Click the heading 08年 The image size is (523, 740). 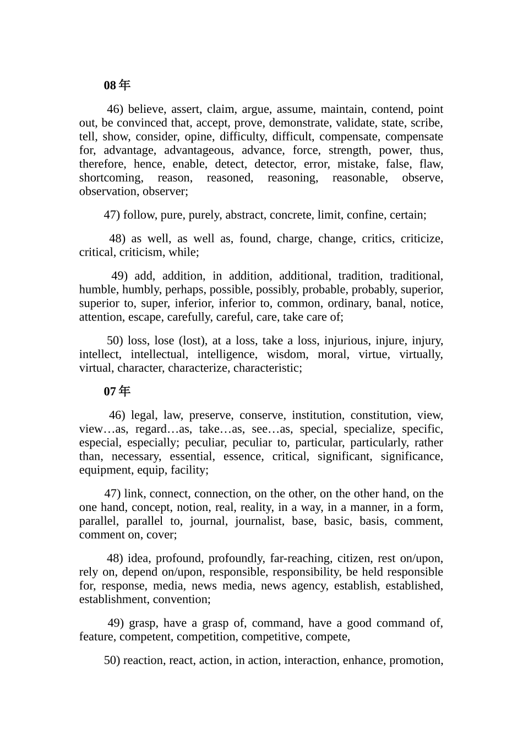pyautogui.click(x=117, y=85)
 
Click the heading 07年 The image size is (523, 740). pyautogui.click(x=117, y=391)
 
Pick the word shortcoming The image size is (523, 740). pyautogui.click(x=111, y=178)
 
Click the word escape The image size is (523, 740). pyautogui.click(x=145, y=317)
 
